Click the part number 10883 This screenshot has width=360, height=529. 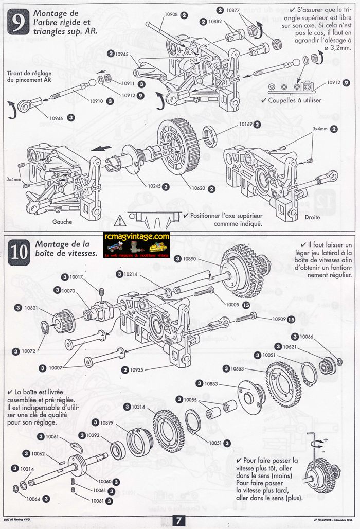point(211,384)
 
